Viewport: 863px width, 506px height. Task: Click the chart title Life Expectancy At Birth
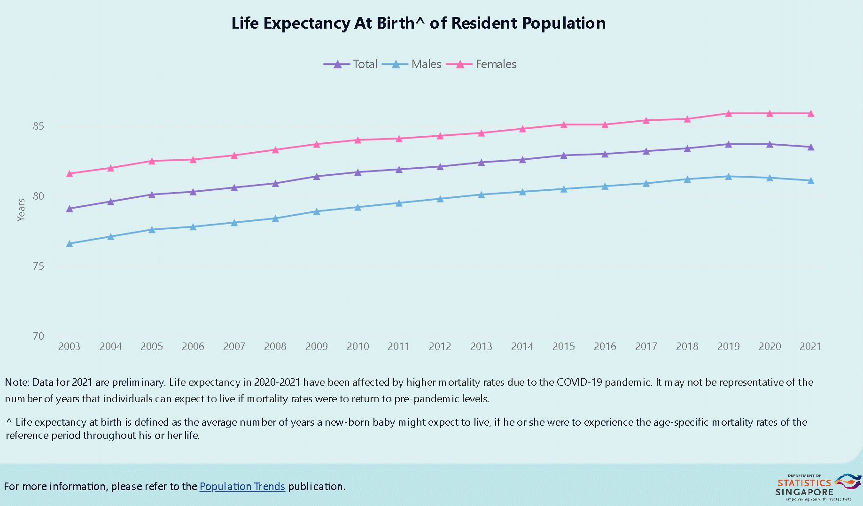point(418,23)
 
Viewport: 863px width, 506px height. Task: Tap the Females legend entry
point(482,64)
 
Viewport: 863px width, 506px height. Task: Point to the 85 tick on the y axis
point(39,126)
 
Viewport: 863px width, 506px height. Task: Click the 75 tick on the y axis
point(39,266)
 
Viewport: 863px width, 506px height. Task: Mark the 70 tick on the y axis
point(39,336)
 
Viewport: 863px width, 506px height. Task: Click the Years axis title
point(21,210)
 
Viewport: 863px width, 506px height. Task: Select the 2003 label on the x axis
point(69,347)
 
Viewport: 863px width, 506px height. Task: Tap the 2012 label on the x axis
point(440,347)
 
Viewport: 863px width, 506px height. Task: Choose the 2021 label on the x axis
point(810,347)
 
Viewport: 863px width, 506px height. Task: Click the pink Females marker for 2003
point(70,173)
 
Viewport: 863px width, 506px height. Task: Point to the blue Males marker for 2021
point(811,180)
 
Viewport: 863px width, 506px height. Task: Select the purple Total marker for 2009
point(317,176)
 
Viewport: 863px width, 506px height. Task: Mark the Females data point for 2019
point(729,113)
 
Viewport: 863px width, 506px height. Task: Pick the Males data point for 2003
point(70,243)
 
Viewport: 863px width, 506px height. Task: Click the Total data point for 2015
point(564,155)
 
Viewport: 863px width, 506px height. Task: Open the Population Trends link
point(242,486)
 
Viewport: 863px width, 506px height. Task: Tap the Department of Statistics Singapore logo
point(817,487)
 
